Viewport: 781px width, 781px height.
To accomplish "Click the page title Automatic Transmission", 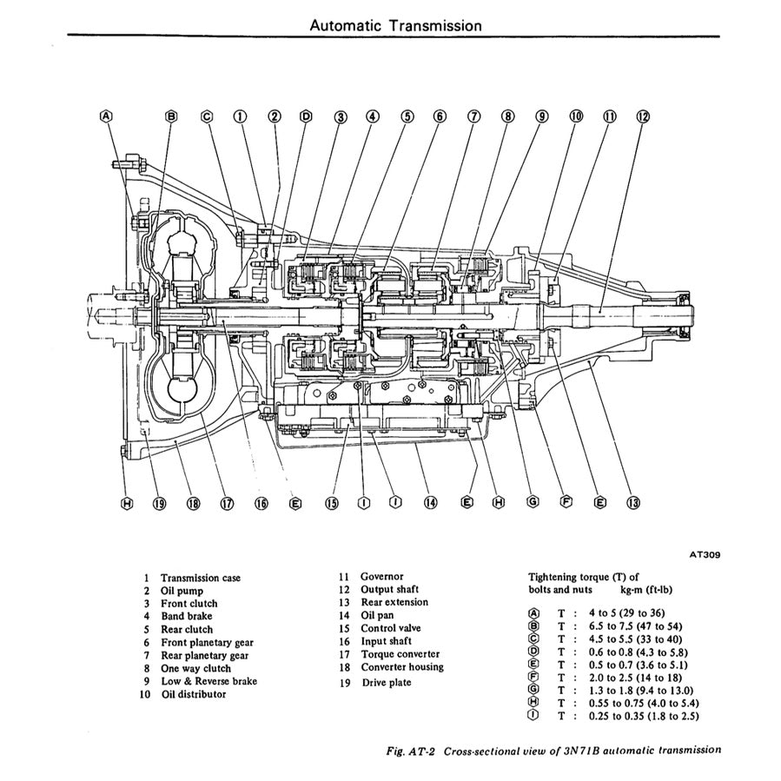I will click(x=394, y=25).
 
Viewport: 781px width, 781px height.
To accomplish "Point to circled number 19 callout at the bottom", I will click(x=159, y=502).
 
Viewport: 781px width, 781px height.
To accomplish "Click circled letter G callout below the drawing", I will click(x=533, y=502).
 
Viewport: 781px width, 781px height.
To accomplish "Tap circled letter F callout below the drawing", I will click(x=566, y=502).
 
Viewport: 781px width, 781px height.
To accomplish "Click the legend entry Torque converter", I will click(x=400, y=654).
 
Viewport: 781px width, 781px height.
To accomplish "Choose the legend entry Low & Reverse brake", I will click(x=209, y=681).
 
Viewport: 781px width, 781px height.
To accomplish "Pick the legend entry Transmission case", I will click(x=201, y=578).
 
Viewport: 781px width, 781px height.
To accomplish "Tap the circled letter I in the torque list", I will click(x=533, y=716).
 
